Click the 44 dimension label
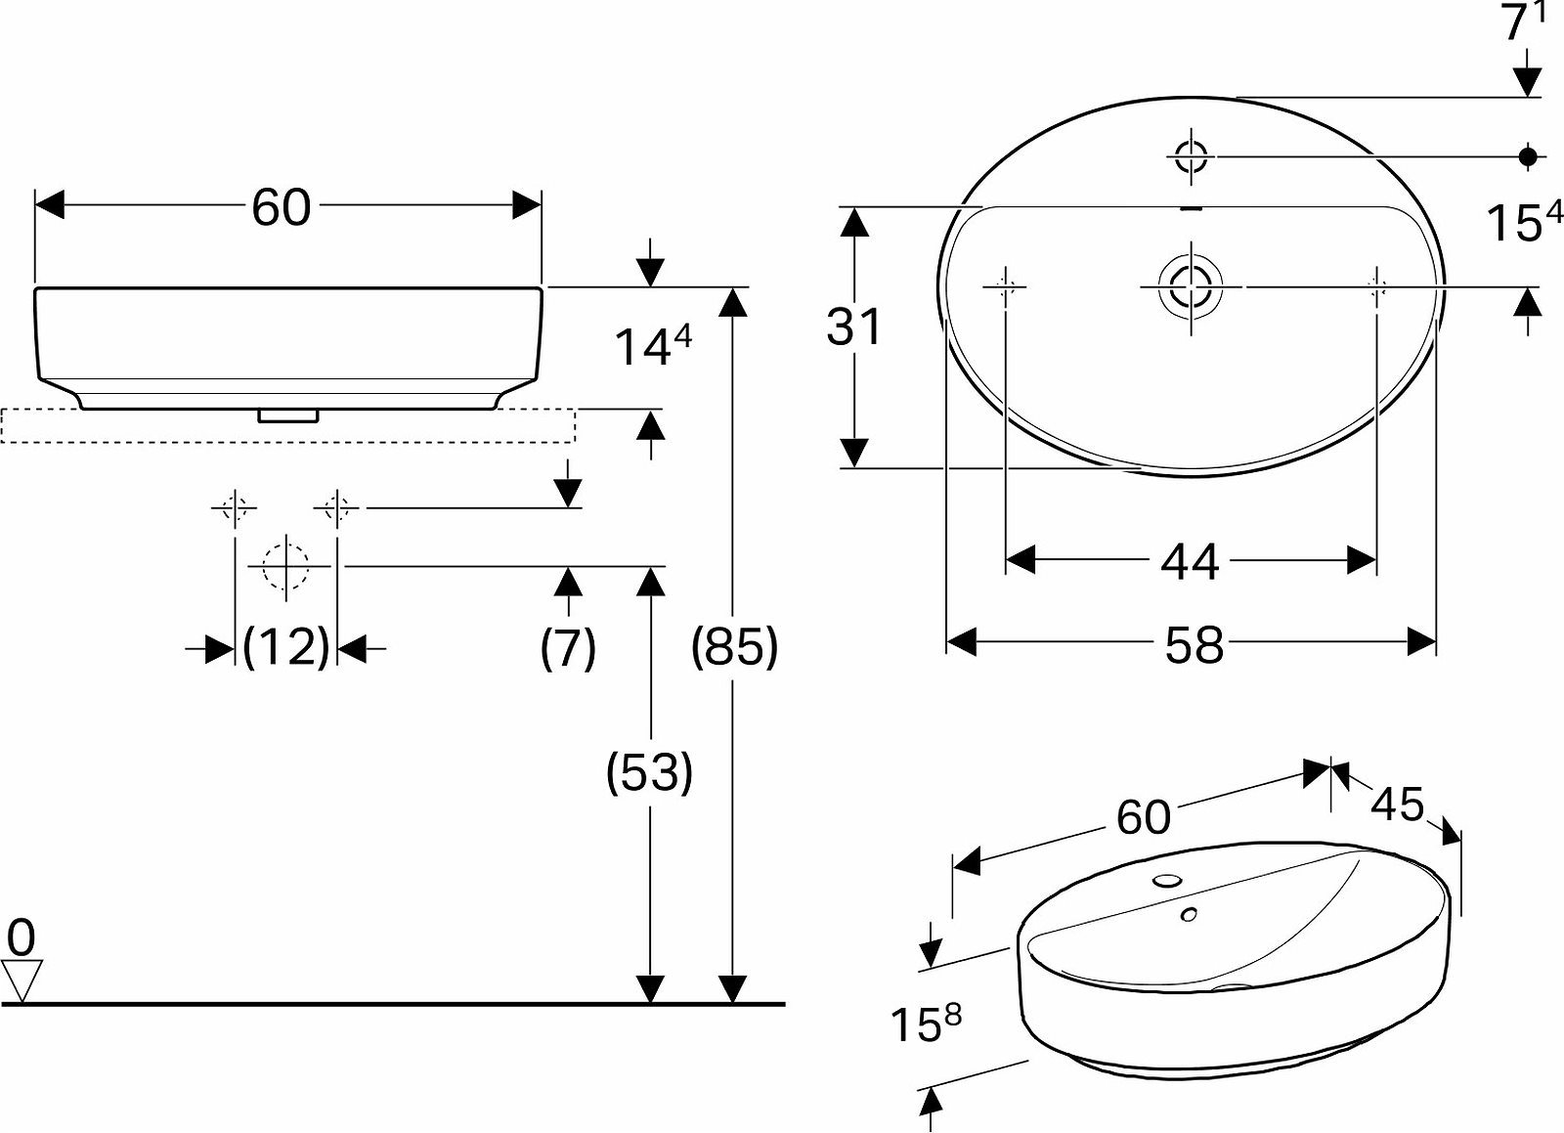coord(1190,562)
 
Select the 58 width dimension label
coord(1194,645)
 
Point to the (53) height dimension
coord(649,772)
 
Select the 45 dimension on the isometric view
coord(1397,805)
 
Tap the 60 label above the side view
coord(281,208)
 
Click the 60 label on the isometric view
coord(1143,817)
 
